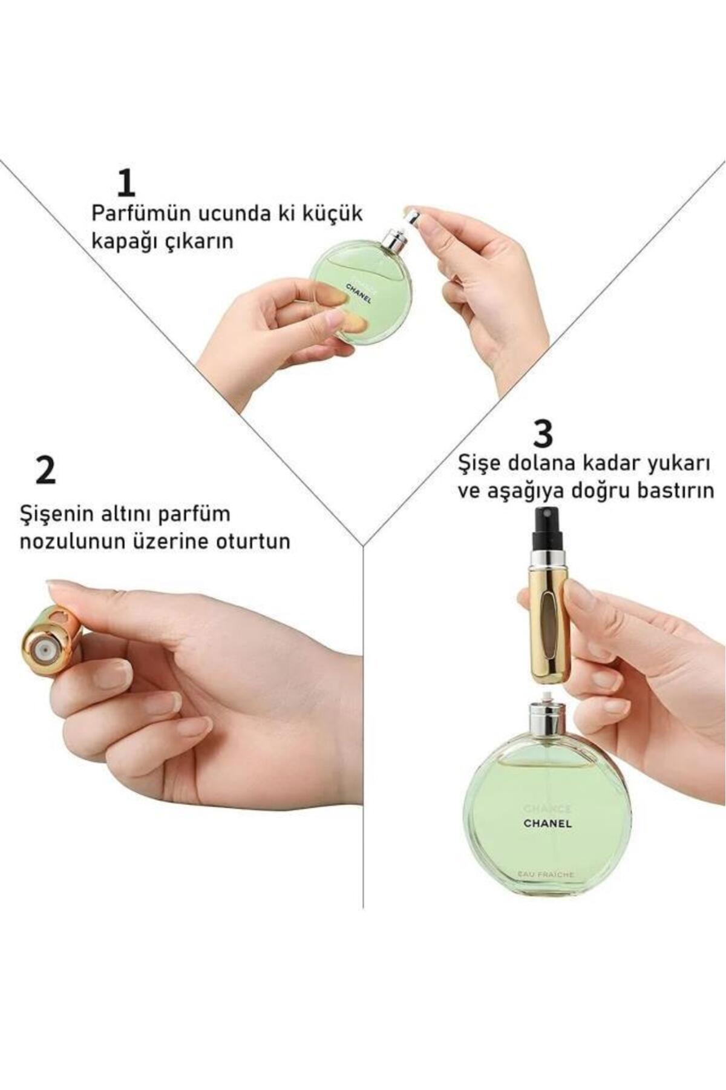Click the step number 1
[x=127, y=183]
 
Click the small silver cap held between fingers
[x=411, y=216]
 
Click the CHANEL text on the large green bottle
[x=547, y=823]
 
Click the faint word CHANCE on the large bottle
[x=547, y=808]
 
